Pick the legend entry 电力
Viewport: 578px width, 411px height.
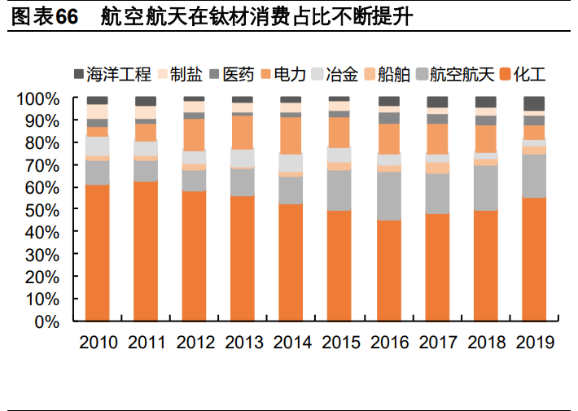click(291, 76)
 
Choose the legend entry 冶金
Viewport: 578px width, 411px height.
click(342, 76)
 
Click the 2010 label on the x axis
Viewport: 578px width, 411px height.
click(98, 341)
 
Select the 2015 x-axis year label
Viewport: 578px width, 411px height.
click(340, 341)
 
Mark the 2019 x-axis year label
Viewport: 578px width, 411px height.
click(534, 341)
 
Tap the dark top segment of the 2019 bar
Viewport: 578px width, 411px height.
click(534, 103)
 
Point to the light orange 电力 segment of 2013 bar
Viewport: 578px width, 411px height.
click(243, 132)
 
